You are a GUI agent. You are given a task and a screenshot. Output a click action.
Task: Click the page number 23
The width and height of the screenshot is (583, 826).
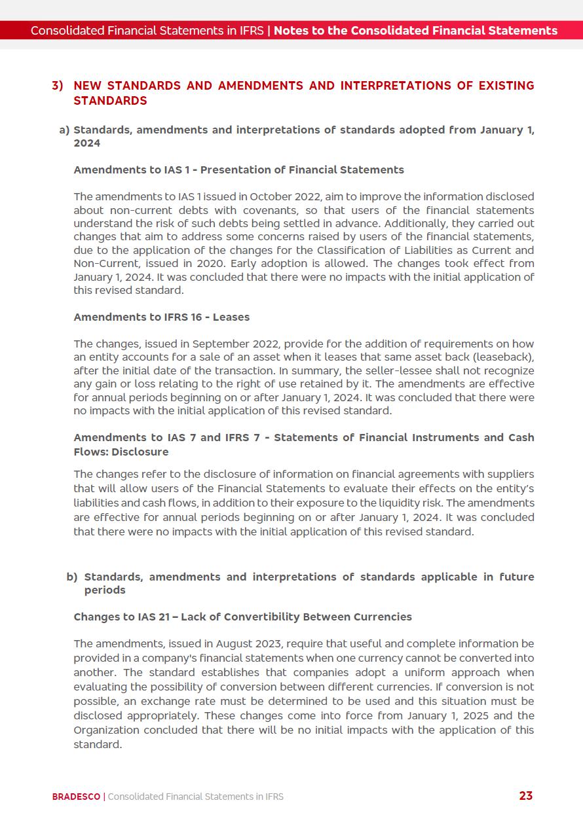pyautogui.click(x=525, y=796)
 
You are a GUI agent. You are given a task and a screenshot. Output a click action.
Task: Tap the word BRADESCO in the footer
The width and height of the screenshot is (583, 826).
pyautogui.click(x=76, y=797)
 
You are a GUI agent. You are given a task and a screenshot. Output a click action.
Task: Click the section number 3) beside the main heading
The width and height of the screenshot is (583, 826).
pyautogui.click(x=58, y=86)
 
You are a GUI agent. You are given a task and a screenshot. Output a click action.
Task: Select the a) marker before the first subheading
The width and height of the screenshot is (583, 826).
pyautogui.click(x=64, y=130)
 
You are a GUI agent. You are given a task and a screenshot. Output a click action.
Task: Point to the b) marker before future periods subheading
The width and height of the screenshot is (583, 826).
pyautogui.click(x=72, y=577)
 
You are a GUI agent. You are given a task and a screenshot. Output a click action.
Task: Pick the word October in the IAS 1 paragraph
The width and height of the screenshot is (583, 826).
pyautogui.click(x=271, y=196)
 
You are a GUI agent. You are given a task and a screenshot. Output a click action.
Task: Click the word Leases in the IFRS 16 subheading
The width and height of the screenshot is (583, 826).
pyautogui.click(x=231, y=317)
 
